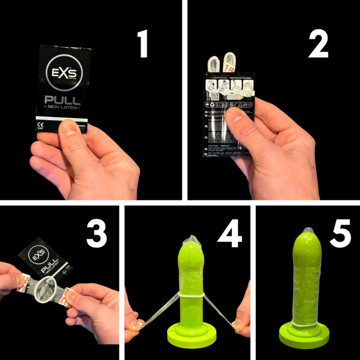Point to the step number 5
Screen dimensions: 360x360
coord(340,233)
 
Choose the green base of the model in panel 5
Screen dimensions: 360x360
coord(306,335)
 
